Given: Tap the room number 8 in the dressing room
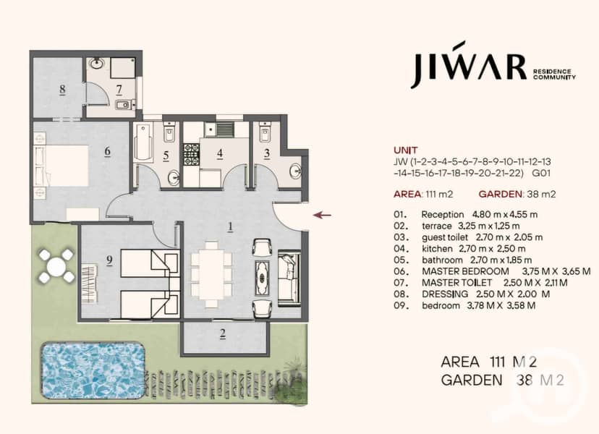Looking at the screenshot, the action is click(62, 90).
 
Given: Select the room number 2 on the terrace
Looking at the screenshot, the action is click(223, 334).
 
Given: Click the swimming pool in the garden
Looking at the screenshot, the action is click(92, 370).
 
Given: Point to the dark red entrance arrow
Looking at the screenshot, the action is click(322, 215).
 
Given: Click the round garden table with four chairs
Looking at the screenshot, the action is click(56, 266).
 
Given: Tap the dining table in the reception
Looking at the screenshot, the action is click(211, 274).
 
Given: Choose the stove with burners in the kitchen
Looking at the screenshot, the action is click(192, 154).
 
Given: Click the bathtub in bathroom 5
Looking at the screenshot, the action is click(144, 142).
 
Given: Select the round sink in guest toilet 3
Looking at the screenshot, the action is click(295, 171).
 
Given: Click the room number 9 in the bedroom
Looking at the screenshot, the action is click(110, 260).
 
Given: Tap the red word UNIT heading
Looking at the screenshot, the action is click(406, 150).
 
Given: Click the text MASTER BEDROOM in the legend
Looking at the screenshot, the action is click(465, 272).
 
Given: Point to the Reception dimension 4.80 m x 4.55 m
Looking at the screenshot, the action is click(505, 214).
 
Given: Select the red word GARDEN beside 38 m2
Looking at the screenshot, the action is click(500, 194).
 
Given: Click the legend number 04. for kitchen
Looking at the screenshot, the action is click(401, 249).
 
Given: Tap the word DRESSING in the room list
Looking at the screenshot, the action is click(445, 294).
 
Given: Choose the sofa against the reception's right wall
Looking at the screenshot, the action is click(289, 278).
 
